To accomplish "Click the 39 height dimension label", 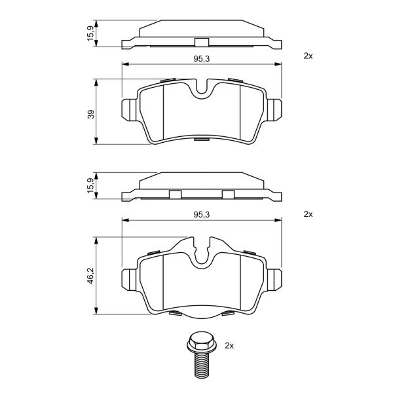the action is coord(91,114).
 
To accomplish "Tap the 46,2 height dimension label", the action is coord(90,276).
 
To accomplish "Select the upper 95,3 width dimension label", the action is coord(202,59).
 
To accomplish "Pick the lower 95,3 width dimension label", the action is coord(202,215).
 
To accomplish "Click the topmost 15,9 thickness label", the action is coord(90,33).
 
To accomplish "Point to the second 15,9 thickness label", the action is coord(90,185).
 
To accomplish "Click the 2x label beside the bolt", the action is coord(229,346).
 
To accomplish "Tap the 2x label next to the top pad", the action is coord(308,56).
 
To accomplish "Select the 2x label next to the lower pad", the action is coord(308,214).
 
